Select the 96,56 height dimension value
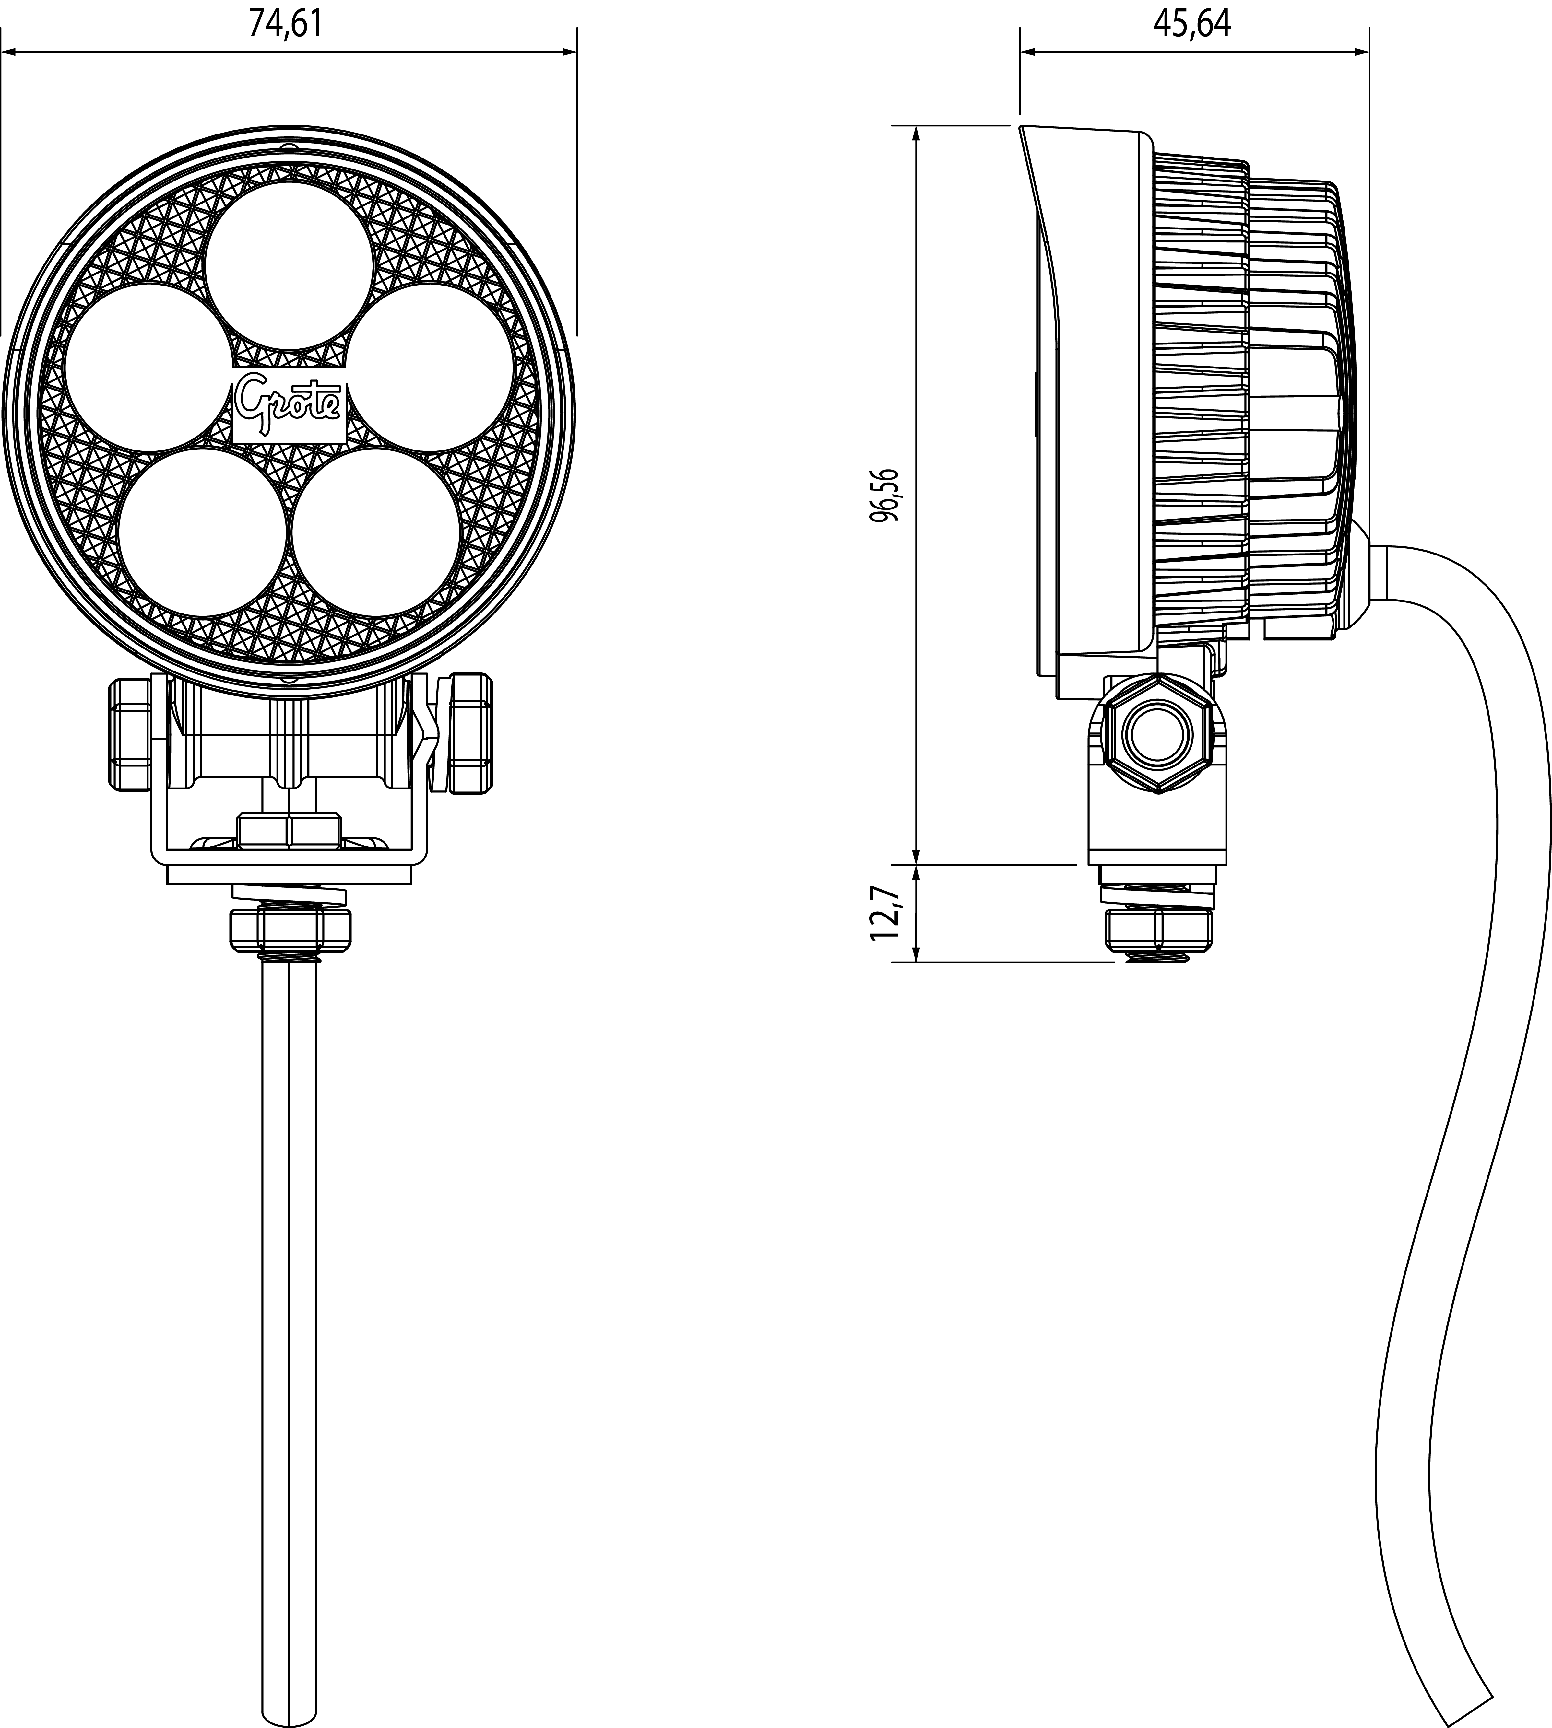click(x=887, y=495)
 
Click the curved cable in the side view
click(x=1441, y=1108)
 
